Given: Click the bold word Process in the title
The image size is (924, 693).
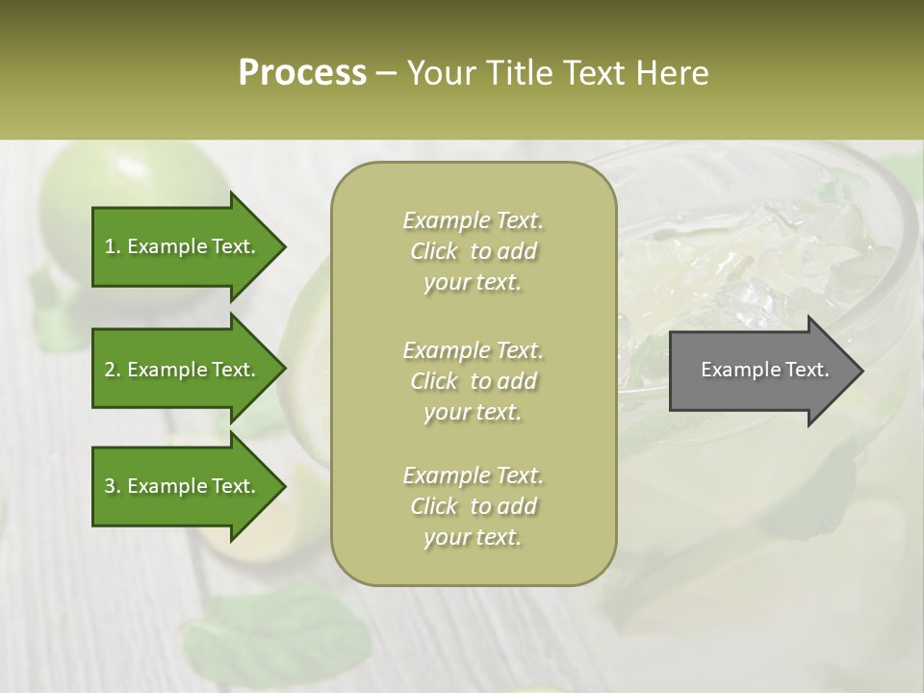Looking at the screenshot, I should pos(302,73).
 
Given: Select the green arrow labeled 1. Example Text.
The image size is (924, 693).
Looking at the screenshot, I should pos(183,246).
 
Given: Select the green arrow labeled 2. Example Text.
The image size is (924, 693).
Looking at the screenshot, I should pos(183,370).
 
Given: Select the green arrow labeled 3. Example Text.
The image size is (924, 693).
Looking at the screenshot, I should pos(183,486).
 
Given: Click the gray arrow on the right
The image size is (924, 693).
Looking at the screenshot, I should pos(760,371).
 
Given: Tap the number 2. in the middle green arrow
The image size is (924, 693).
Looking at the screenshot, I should pos(112,370).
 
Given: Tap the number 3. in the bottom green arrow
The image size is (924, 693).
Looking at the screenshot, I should pos(112,486).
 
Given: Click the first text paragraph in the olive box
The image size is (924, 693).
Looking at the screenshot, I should pos(473,251).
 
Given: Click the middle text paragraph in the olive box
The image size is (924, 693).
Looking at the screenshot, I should pos(473,381).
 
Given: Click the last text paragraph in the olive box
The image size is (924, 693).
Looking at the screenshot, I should pos(473,506).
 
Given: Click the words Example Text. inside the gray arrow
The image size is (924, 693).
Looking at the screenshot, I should pos(764,370).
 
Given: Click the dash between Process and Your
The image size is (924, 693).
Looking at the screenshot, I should pos(387,73).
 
